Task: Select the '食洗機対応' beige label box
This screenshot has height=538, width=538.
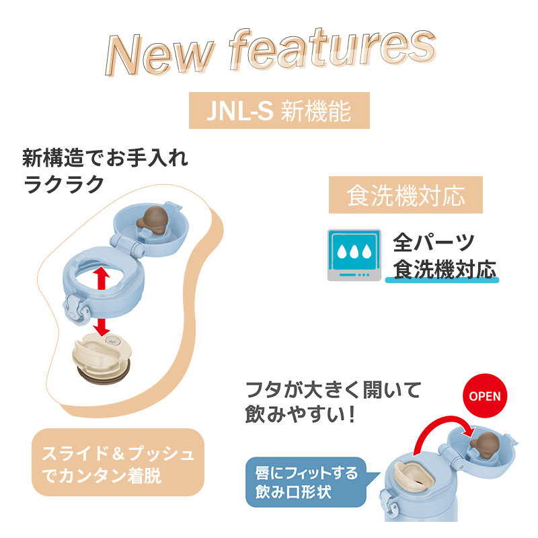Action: point(406,196)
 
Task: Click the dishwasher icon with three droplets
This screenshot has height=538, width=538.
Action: point(352,255)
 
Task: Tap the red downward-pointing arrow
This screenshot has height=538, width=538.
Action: point(102,325)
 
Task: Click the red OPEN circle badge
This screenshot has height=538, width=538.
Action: point(484,395)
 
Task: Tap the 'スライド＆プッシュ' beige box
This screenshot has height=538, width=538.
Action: point(118,464)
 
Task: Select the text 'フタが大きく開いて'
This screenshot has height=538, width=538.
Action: point(334,389)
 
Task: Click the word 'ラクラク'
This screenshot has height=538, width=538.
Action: point(65,184)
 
